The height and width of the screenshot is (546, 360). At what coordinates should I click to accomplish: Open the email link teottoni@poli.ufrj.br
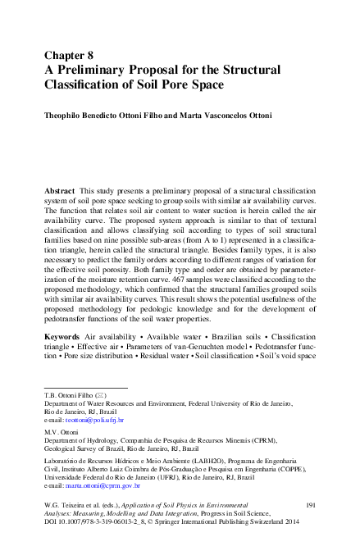click(x=95, y=420)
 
